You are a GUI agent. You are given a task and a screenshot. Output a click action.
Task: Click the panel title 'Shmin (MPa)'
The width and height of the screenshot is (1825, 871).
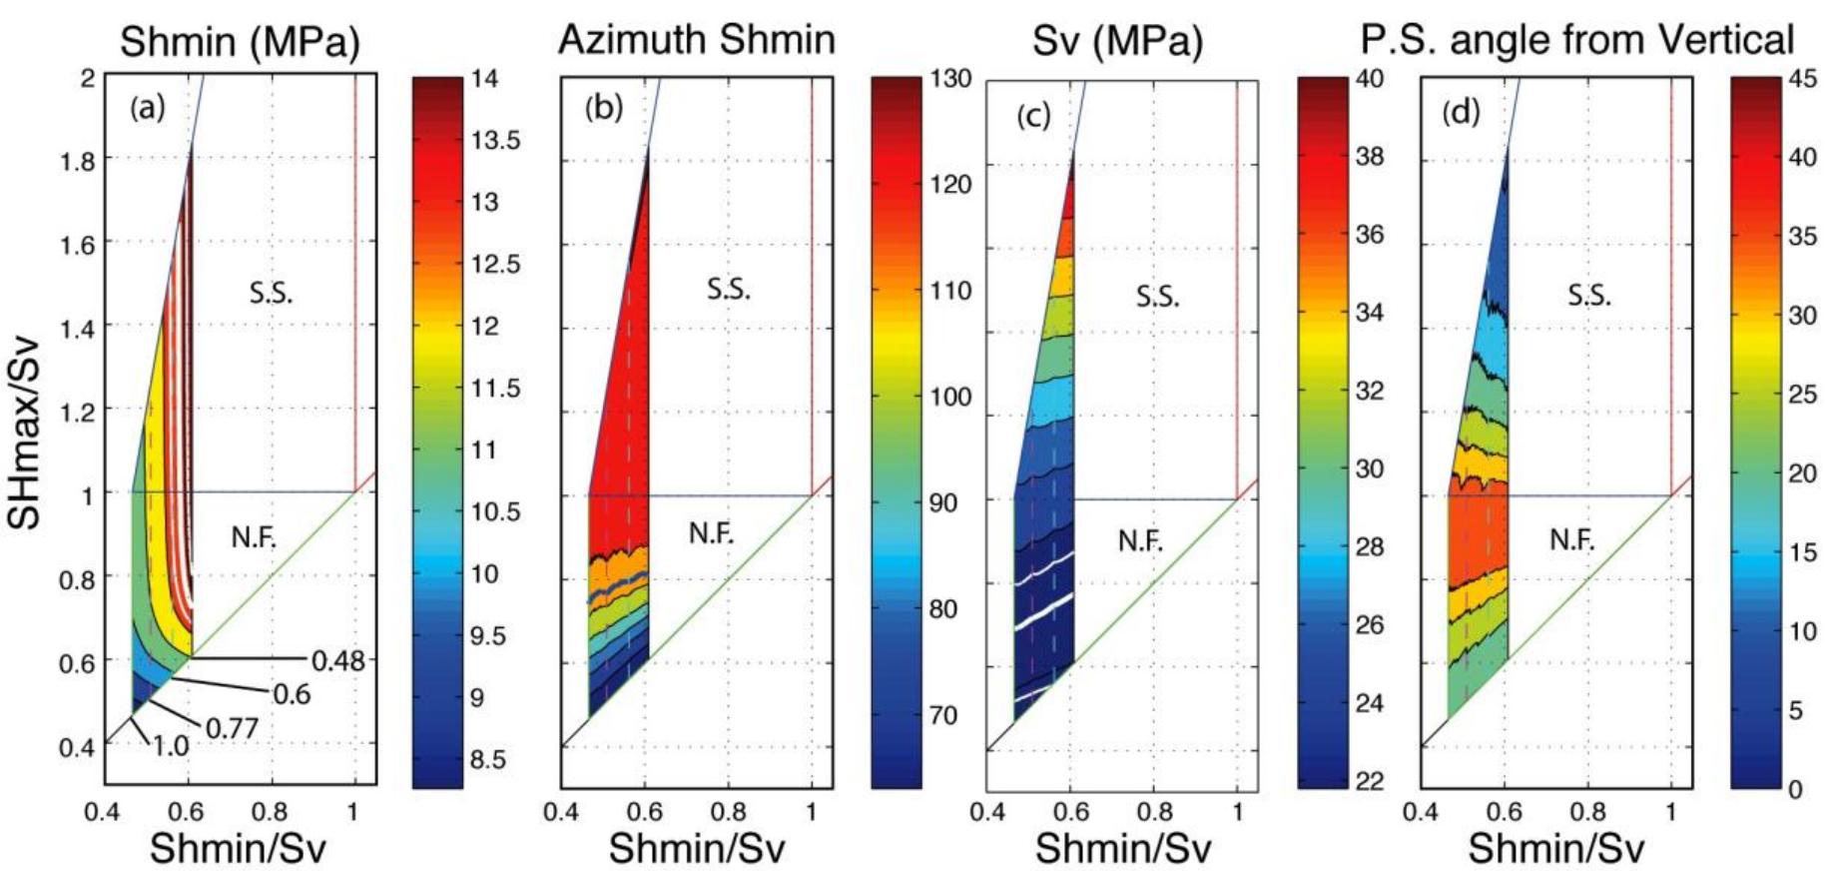click(240, 42)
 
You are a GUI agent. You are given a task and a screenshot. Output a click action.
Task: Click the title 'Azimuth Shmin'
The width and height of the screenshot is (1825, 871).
click(696, 40)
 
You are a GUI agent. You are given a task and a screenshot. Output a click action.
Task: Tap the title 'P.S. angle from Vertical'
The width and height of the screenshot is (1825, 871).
click(1576, 40)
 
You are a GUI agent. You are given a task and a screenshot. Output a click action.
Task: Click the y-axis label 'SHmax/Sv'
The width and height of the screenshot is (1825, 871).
click(25, 432)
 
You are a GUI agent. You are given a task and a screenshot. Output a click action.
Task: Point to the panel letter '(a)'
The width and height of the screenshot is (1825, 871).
click(148, 108)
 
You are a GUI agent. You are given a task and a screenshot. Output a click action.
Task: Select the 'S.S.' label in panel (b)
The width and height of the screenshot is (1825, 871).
click(729, 290)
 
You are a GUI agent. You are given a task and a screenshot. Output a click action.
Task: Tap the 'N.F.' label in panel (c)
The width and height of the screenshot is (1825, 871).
click(1140, 541)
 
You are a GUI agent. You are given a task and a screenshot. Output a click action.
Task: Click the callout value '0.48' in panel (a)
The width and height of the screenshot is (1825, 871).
click(338, 661)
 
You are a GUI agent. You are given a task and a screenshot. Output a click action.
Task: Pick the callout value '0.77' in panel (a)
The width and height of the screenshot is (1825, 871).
click(232, 728)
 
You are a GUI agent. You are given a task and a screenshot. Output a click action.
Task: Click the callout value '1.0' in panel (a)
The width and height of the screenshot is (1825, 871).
click(171, 745)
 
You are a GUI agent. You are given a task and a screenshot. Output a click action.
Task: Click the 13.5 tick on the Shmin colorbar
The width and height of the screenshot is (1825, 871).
click(495, 140)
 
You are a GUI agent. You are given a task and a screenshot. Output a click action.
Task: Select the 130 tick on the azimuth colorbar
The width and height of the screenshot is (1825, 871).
click(950, 79)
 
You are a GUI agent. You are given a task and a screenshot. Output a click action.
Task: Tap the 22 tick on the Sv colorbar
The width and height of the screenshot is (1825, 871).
click(1371, 780)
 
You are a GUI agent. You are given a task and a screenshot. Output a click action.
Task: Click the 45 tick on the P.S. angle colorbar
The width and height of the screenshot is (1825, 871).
click(1803, 79)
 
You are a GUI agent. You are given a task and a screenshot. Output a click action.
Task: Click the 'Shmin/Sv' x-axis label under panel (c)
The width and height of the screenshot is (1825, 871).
click(1122, 848)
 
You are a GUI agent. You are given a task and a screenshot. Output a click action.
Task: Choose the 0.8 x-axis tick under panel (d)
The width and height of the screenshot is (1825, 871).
click(1586, 812)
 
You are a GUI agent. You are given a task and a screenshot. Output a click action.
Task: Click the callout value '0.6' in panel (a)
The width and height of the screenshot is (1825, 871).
click(292, 694)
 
